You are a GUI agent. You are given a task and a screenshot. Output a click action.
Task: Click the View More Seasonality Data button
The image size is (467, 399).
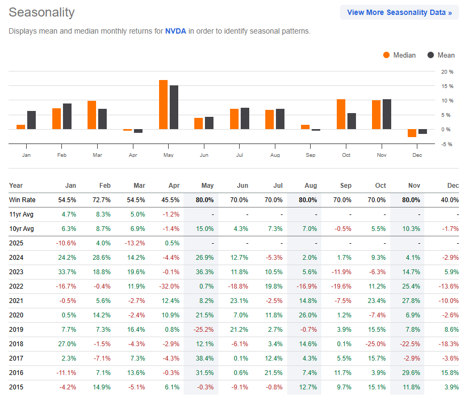click(399, 12)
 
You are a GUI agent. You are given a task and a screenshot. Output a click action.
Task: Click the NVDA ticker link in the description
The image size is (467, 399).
click(176, 31)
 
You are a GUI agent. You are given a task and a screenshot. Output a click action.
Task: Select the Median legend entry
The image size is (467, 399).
click(399, 55)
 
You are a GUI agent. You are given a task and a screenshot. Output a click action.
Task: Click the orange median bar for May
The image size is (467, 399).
click(163, 105)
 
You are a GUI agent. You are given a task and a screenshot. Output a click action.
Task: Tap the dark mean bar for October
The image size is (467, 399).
click(352, 121)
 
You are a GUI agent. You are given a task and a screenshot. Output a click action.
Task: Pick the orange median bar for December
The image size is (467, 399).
click(411, 133)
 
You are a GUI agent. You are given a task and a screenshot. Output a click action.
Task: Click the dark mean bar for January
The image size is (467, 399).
click(31, 120)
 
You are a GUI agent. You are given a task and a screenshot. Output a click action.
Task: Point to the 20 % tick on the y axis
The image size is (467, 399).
click(447, 71)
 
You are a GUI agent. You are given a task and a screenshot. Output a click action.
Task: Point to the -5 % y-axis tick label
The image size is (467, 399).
click(447, 144)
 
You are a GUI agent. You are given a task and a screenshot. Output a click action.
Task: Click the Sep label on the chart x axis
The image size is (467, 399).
click(311, 155)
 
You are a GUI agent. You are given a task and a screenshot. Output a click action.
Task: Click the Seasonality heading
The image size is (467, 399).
click(42, 12)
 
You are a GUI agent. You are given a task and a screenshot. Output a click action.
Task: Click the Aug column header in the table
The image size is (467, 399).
click(310, 186)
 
